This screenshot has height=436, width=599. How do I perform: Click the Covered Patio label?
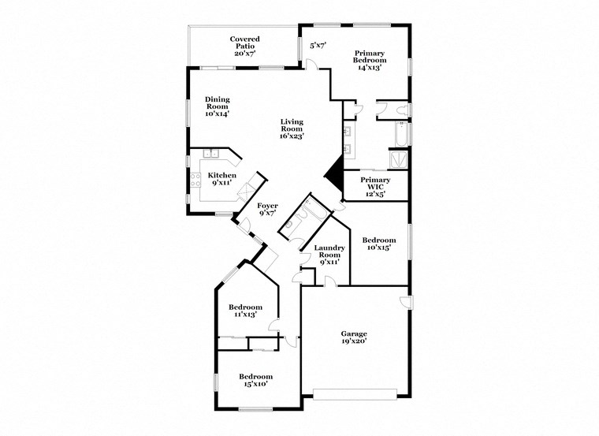(244, 46)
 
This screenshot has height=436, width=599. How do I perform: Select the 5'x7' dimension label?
(318, 47)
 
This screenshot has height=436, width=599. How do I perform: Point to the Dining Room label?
(218, 106)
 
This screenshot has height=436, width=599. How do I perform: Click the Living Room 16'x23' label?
(292, 129)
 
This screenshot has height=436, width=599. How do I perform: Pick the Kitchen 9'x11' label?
(221, 178)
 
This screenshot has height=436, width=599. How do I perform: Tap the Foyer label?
(268, 209)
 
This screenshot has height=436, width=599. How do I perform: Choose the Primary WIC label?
(375, 184)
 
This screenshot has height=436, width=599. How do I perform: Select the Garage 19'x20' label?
(354, 337)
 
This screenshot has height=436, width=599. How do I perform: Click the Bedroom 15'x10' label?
(255, 381)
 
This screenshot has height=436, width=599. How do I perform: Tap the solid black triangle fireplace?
(334, 169)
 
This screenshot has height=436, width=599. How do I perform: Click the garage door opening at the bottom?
(354, 392)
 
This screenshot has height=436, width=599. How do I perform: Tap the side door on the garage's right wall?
(404, 303)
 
